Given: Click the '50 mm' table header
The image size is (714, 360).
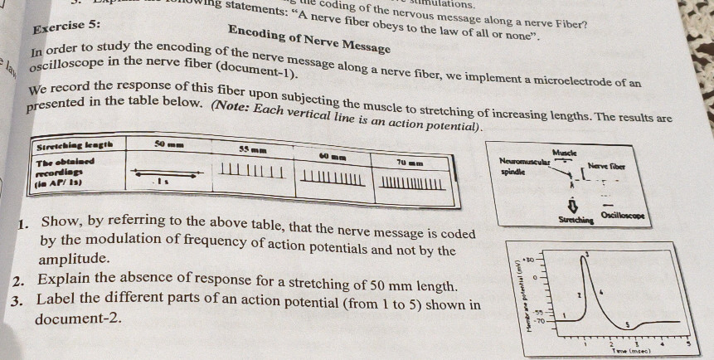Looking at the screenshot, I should (x=171, y=145).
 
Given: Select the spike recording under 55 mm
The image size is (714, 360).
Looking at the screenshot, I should (x=253, y=172).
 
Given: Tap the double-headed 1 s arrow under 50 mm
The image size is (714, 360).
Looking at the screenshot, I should (x=166, y=175).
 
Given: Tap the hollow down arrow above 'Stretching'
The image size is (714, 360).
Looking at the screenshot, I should (x=571, y=205).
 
